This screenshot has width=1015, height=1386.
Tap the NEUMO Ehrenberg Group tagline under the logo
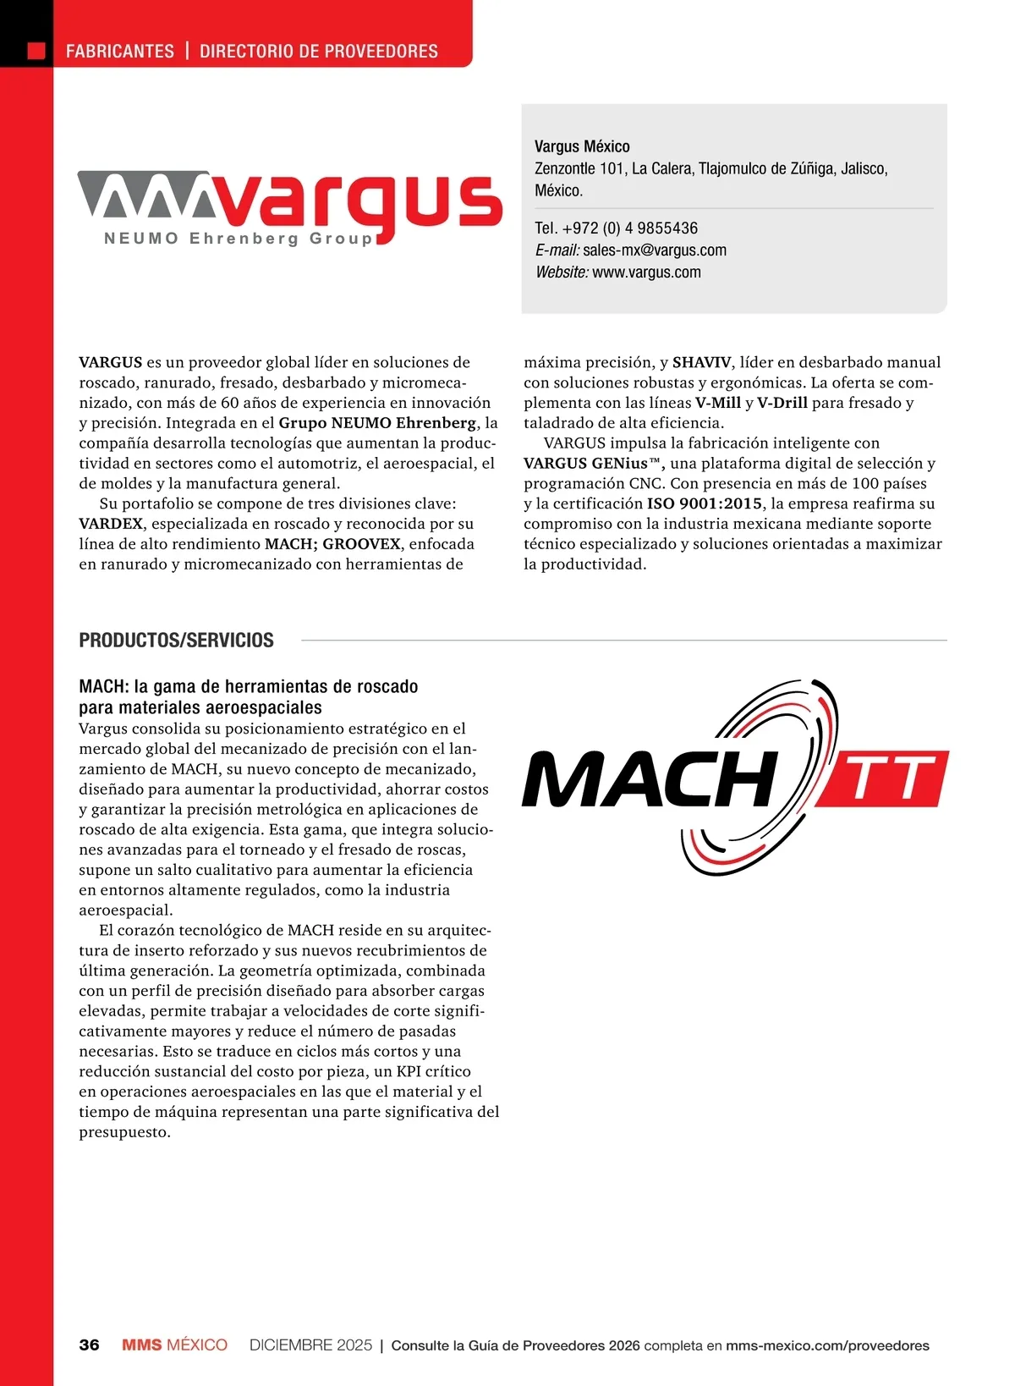coord(238,239)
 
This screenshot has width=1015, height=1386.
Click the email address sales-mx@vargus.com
coord(654,250)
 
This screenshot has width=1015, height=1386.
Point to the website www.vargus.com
coord(646,272)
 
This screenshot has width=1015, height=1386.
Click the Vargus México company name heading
coord(582,146)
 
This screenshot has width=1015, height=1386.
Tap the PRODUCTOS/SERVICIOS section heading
coord(176,641)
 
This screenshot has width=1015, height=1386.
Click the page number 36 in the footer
coord(89,1345)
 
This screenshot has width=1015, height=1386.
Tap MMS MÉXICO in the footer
coord(174,1345)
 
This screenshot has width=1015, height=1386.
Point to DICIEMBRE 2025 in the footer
coord(310,1345)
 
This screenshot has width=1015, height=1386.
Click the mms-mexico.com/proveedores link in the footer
coord(827,1345)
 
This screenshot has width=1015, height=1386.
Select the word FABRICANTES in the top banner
coord(120,52)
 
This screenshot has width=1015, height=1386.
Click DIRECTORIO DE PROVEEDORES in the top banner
coord(319,52)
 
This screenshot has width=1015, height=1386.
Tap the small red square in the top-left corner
coord(36,51)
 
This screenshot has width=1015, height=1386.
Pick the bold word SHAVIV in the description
coord(701,362)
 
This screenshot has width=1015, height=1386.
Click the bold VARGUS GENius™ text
coord(592,463)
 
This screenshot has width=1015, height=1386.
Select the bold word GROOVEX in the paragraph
coord(361,544)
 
